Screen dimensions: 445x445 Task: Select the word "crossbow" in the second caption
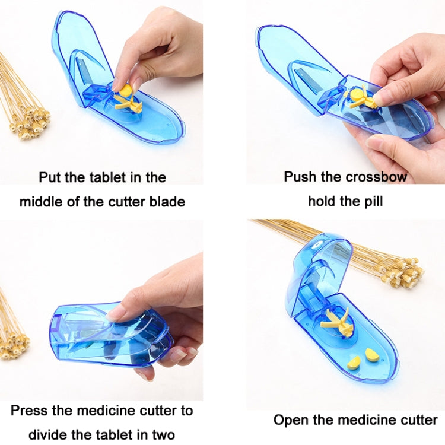pos(378,177)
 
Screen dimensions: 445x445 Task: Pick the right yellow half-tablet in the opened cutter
pos(372,355)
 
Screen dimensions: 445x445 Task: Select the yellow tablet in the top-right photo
pos(358,94)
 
